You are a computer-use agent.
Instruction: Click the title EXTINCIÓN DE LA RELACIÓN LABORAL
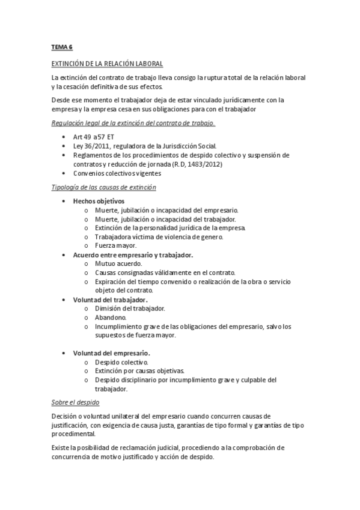[107, 64]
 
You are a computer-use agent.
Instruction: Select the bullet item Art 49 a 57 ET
[94, 137]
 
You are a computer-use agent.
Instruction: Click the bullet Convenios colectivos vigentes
[117, 173]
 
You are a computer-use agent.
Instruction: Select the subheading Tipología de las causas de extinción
[104, 188]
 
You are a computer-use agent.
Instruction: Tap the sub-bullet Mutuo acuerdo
[118, 263]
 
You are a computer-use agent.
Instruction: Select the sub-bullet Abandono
[110, 317]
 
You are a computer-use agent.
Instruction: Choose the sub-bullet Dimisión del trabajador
[130, 308]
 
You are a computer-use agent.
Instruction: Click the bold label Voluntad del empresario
[111, 353]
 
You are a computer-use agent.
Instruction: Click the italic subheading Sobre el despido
[75, 402]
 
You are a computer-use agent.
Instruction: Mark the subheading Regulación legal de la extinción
[133, 123]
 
